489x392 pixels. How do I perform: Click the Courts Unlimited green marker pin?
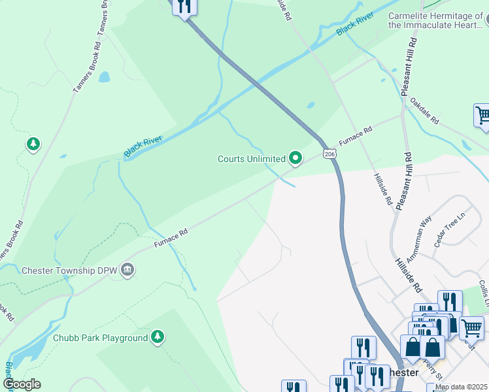(295, 158)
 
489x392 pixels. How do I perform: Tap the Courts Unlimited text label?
(252, 159)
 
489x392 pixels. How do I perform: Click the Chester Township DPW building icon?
(127, 269)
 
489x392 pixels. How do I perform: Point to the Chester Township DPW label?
(69, 270)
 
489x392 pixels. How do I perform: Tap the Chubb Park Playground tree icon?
(157, 337)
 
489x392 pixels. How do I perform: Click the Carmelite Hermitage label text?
(436, 20)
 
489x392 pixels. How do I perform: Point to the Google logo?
(22, 384)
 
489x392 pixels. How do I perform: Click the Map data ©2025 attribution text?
(462, 387)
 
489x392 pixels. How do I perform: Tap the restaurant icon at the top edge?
(185, 7)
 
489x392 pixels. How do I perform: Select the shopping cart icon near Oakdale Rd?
(482, 116)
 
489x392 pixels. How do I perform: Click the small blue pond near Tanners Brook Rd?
(104, 77)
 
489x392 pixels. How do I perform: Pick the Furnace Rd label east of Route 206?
(355, 135)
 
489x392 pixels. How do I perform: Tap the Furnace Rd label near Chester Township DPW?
(171, 237)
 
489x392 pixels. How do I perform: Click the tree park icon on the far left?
(33, 144)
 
